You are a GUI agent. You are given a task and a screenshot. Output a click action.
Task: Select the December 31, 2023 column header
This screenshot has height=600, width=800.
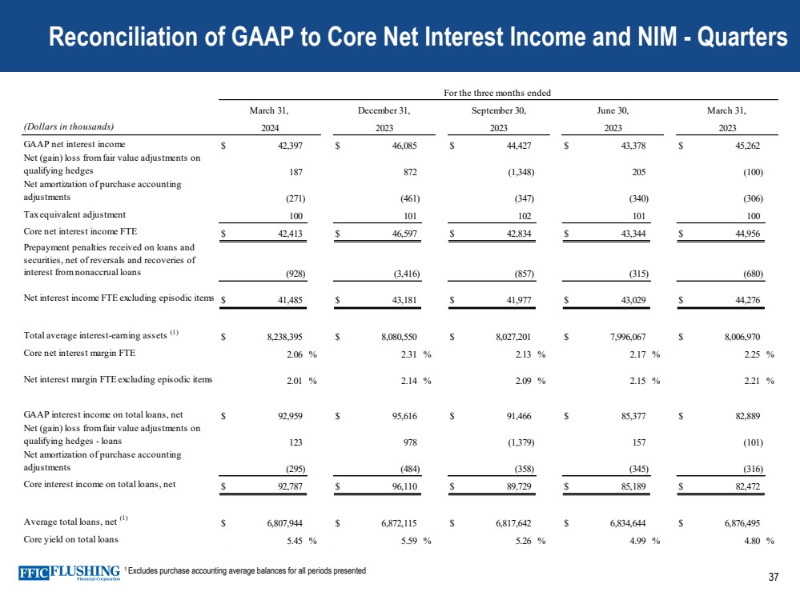384,118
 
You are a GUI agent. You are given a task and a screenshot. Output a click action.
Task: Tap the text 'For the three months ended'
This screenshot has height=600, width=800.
497,93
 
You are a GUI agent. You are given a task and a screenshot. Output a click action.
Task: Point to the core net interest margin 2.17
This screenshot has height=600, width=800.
637,356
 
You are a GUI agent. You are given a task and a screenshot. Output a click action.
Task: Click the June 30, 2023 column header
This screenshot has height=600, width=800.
612,118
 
